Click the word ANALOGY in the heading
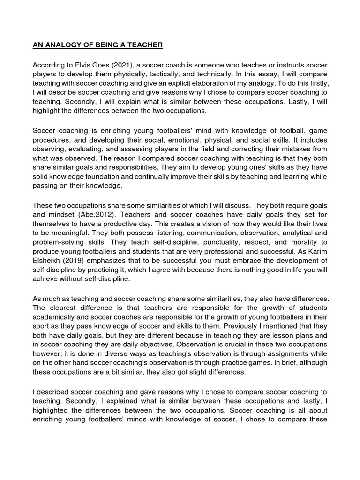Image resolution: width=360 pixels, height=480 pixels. click(x=60, y=45)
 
